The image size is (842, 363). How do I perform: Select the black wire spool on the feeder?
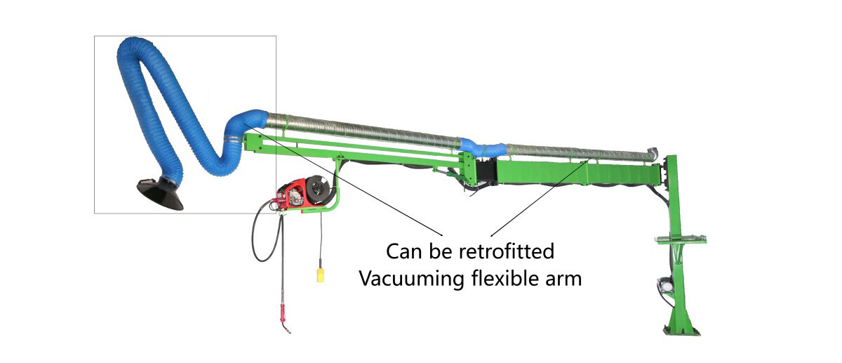(x=319, y=190)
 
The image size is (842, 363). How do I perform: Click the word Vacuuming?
(x=409, y=278)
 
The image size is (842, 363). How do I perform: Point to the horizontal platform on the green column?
(x=679, y=239)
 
